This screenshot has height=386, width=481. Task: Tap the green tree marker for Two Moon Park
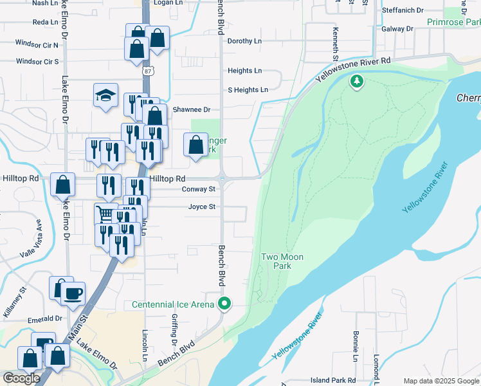click(356, 81)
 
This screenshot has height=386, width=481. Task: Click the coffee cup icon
click(73, 293)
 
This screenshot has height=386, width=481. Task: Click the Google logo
click(21, 378)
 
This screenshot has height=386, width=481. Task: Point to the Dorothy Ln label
click(244, 41)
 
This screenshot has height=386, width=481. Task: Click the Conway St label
click(198, 190)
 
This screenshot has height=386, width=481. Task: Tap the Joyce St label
click(201, 207)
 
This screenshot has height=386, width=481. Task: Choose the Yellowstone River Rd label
click(353, 69)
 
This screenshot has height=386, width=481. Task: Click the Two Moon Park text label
click(282, 261)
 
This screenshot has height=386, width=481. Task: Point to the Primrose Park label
click(453, 22)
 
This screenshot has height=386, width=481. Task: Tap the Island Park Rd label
click(333, 381)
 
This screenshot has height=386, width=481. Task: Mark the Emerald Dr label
click(46, 318)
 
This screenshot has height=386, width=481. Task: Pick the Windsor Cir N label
click(37, 45)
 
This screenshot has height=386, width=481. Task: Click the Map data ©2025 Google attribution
click(440, 381)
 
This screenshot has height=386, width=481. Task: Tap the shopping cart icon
click(102, 214)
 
